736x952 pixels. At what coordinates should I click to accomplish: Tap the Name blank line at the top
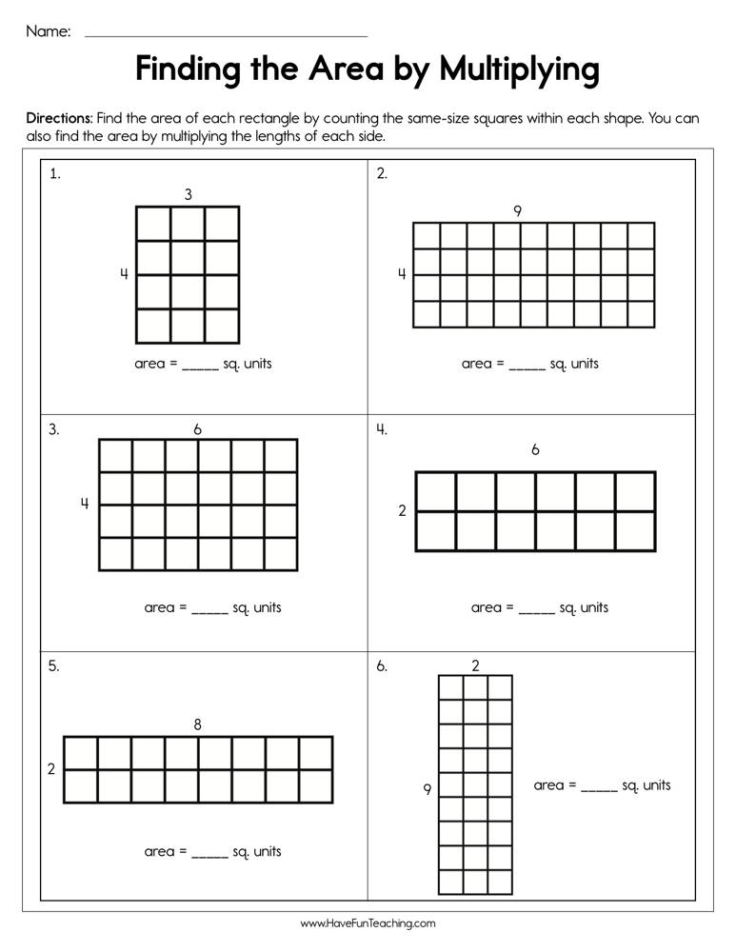coord(226,34)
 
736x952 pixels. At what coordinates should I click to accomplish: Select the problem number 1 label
coord(55,173)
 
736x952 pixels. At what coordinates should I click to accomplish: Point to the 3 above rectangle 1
coord(189,194)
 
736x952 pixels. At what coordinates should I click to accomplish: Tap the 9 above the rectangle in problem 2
coord(517,211)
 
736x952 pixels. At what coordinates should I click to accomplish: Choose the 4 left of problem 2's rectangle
coord(402,274)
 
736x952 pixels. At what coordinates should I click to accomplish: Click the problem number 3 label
coord(54,429)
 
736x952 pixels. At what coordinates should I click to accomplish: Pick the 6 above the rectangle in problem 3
coord(197,429)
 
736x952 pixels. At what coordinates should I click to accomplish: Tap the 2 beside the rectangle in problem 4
coord(402,511)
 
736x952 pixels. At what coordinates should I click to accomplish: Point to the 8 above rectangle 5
coord(197,724)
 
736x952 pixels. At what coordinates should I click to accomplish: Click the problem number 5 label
coord(54,666)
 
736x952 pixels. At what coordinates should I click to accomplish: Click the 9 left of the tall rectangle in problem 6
coord(428,788)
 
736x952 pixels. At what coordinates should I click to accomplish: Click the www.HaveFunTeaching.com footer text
coord(368,923)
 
